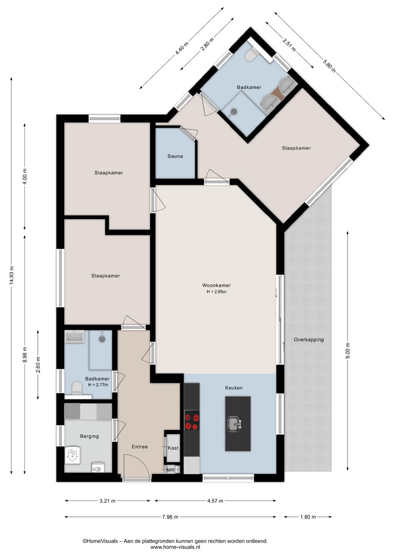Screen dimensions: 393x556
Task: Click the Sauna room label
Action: [175, 156]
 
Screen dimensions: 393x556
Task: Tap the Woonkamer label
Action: [217, 285]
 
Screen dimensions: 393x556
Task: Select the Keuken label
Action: [234, 388]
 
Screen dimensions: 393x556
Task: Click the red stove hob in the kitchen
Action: [192, 420]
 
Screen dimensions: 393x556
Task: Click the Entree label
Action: [140, 447]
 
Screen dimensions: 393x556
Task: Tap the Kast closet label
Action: [173, 448]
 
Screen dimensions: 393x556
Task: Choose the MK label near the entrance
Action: [171, 470]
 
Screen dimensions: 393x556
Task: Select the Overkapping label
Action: [309, 340]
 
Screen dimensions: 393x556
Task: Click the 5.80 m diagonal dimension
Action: [329, 65]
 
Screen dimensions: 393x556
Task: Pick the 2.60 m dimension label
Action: [38, 365]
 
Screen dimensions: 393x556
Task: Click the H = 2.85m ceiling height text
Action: [217, 292]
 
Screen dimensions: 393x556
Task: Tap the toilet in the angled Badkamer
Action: [252, 55]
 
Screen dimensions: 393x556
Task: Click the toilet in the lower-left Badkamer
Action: [77, 388]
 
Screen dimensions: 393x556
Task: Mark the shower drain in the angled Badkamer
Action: [233, 112]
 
